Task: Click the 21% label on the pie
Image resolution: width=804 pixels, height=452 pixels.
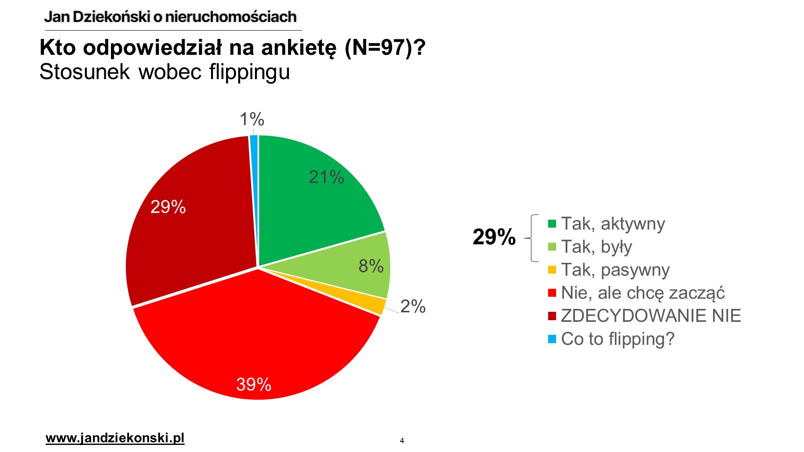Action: (x=326, y=177)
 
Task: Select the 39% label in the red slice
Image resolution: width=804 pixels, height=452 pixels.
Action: (x=253, y=384)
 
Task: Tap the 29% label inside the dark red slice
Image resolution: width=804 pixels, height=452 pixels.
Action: (x=168, y=207)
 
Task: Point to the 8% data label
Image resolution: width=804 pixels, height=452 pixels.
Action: (x=371, y=266)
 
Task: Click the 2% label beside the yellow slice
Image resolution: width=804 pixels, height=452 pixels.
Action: (x=412, y=306)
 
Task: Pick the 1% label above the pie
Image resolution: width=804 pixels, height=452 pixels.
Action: (x=252, y=119)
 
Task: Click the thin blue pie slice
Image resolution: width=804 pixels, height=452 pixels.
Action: (x=254, y=142)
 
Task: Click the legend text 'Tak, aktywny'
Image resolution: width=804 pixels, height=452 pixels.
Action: (x=613, y=223)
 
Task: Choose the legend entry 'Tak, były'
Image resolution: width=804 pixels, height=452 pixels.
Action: (x=596, y=247)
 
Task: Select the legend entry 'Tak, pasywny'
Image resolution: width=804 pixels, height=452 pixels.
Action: (x=615, y=270)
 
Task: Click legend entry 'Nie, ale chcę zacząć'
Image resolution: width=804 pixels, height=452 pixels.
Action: (x=643, y=293)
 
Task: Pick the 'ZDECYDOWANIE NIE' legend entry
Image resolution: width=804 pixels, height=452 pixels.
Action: (x=651, y=316)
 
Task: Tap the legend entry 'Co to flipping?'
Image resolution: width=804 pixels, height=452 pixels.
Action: (x=618, y=339)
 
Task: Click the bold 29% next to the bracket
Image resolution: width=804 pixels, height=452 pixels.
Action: (x=494, y=237)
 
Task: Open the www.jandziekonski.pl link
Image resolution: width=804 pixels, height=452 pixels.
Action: (x=115, y=438)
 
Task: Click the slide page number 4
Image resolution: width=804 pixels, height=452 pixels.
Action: (x=402, y=440)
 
